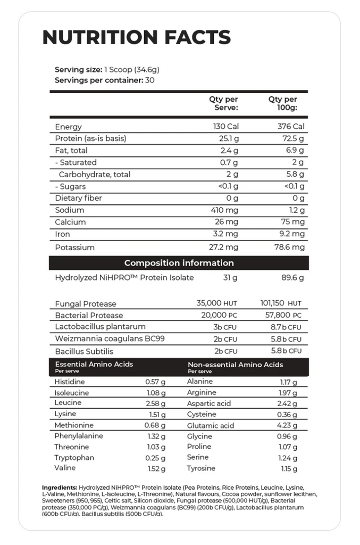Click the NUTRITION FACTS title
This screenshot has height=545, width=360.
coord(136,37)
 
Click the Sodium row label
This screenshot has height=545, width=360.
coord(70,210)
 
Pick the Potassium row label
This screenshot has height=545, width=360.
coord(74,247)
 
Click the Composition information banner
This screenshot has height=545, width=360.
coord(179,263)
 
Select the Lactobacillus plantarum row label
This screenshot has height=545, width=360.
coord(100,327)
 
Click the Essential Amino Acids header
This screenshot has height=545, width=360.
coord(94,365)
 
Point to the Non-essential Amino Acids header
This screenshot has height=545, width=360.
coord(235,365)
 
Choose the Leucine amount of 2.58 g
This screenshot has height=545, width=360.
coord(155,403)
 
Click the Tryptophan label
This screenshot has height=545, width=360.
coord(74,458)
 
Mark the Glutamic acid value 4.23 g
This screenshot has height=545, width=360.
coord(287,426)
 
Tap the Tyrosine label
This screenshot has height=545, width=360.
coord(201,468)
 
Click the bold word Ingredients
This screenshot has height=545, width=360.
coord(59,488)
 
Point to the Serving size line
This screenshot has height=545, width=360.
coord(107,70)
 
